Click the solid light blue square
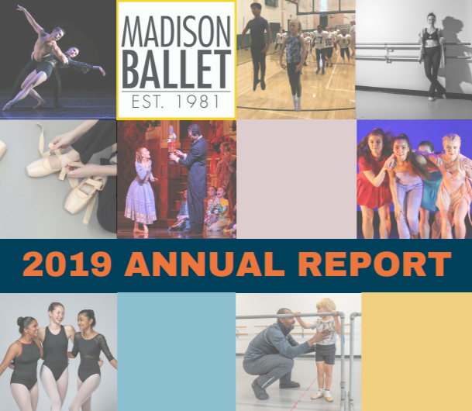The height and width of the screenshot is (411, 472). (x=176, y=351)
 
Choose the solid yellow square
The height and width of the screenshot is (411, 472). (x=416, y=351)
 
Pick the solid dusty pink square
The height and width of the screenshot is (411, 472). (x=295, y=178)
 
